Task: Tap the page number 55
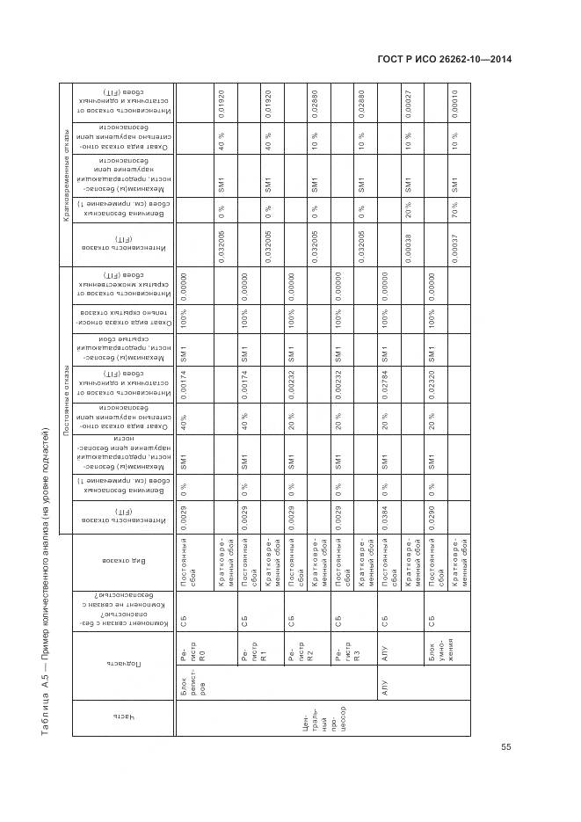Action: coord(505,747)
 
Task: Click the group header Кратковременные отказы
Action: coord(65,174)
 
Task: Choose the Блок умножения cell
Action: coord(435,655)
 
